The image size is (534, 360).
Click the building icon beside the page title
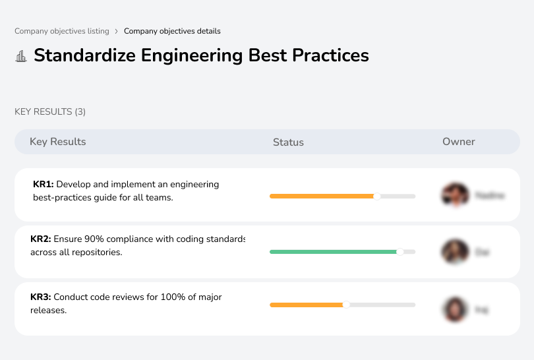[x=20, y=56]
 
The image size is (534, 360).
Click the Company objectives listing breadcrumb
[x=61, y=31]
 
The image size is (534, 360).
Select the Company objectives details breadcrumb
[x=172, y=31]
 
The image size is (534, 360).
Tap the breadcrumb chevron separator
[x=117, y=31]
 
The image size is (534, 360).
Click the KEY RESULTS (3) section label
[x=50, y=111]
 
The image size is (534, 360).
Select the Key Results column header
[x=57, y=142]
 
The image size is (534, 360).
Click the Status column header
[x=288, y=142]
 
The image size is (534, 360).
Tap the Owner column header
[x=459, y=142]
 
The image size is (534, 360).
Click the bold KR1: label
[x=44, y=185]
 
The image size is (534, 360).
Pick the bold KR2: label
[x=41, y=239]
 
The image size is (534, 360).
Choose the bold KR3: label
[x=41, y=297]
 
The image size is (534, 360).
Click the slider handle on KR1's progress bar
[x=377, y=196]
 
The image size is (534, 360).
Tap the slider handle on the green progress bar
[x=400, y=252]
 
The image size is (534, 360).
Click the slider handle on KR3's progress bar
[x=345, y=305]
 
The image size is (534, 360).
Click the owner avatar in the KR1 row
[x=454, y=195]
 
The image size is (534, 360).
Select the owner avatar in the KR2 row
[x=454, y=252]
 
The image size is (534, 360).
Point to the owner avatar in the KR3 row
[x=454, y=309]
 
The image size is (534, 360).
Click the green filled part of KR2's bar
[x=333, y=252]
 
